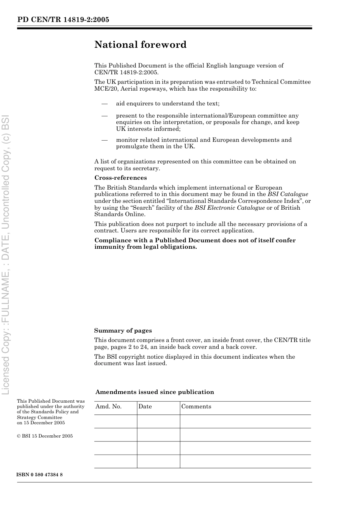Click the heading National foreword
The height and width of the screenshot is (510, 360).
[x=140, y=45]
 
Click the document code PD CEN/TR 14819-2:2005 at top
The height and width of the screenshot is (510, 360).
[x=63, y=20]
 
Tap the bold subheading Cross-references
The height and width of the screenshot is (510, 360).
[x=121, y=178]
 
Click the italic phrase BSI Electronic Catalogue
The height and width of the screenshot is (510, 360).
[x=230, y=208]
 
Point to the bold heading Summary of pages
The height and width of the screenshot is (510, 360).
[x=123, y=331]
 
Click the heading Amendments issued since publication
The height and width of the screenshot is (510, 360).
[x=155, y=392]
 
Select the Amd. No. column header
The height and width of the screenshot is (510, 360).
[x=108, y=406]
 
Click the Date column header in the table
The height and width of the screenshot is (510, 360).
[x=145, y=406]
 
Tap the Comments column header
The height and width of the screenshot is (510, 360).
[x=196, y=406]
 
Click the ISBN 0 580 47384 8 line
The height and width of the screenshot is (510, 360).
[x=40, y=475]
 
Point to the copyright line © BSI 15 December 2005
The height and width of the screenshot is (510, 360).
[x=45, y=436]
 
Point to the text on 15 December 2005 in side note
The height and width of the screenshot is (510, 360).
[x=41, y=423]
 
